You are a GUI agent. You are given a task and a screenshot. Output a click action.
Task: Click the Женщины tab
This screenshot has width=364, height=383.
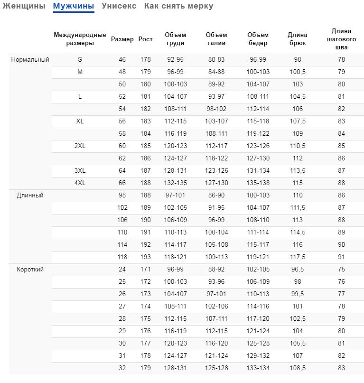click(x=24, y=6)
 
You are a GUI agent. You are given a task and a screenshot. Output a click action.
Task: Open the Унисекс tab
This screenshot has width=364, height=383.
click(x=119, y=6)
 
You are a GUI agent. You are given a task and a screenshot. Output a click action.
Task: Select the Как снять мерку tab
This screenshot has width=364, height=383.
click(x=178, y=6)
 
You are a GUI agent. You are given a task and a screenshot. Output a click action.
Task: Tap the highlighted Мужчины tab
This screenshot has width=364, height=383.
click(x=74, y=6)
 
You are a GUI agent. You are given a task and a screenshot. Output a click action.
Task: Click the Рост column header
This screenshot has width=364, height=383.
click(x=145, y=39)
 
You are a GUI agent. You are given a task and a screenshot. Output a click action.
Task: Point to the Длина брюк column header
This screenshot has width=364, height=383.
click(x=298, y=39)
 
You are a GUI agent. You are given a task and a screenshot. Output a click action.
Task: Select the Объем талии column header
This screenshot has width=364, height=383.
click(x=216, y=39)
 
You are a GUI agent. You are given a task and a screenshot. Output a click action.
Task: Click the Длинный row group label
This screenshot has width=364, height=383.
click(x=30, y=196)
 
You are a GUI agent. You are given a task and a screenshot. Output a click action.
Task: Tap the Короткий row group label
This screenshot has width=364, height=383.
click(x=30, y=270)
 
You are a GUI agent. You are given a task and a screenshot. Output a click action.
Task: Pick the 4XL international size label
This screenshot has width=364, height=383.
click(x=80, y=183)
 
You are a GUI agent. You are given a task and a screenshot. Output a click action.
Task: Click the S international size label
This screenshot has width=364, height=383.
click(x=80, y=60)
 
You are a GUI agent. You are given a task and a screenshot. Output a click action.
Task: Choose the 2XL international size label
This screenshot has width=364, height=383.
click(x=80, y=146)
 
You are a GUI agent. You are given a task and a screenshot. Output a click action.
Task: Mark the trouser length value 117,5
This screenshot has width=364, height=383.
click(x=298, y=257)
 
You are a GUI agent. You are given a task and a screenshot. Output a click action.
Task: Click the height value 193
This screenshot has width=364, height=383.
click(x=145, y=257)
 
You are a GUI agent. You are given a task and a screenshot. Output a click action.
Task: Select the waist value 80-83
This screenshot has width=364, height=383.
click(x=216, y=60)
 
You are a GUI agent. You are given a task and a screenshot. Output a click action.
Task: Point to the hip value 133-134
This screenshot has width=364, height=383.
click(x=258, y=368)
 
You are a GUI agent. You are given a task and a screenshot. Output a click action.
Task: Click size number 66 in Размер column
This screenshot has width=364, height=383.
click(x=122, y=183)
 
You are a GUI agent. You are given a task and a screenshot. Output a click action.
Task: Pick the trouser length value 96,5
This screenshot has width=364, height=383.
click(x=298, y=270)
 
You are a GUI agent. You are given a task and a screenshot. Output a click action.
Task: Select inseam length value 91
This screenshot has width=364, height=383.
click(x=341, y=257)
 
